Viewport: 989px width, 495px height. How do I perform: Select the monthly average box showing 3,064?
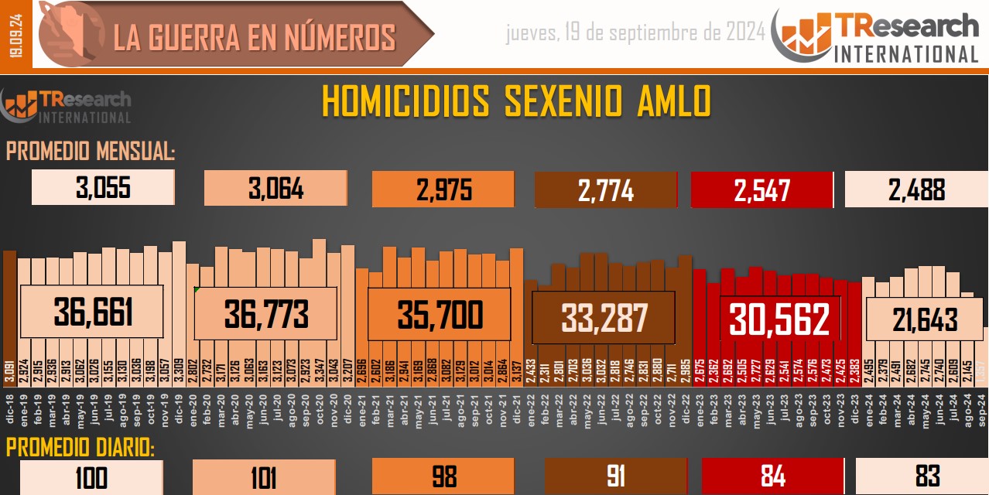(x=275, y=189)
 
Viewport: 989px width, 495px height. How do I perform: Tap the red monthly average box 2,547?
(x=761, y=189)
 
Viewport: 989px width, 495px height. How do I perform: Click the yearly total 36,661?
(x=93, y=312)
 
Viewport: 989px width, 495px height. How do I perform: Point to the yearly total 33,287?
(x=604, y=317)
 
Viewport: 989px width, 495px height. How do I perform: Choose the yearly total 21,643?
(x=925, y=319)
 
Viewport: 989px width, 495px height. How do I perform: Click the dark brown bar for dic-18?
(x=9, y=309)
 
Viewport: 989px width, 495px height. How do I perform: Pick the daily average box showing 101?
(x=263, y=476)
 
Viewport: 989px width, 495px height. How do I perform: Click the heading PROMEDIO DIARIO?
(x=80, y=448)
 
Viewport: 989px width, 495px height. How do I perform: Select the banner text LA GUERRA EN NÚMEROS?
(x=255, y=37)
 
